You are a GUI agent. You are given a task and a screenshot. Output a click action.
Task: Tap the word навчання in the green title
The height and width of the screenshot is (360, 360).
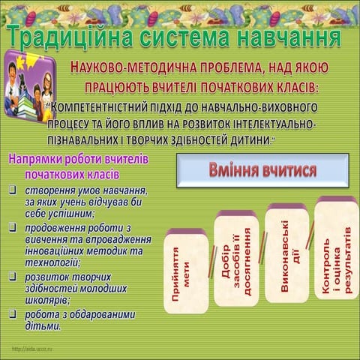pyautogui.click(x=289, y=36)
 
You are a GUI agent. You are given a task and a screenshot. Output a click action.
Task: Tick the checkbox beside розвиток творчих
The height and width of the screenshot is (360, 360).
pyautogui.click(x=13, y=276)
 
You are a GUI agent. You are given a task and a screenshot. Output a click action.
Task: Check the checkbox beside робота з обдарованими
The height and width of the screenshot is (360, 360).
pyautogui.click(x=13, y=313)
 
